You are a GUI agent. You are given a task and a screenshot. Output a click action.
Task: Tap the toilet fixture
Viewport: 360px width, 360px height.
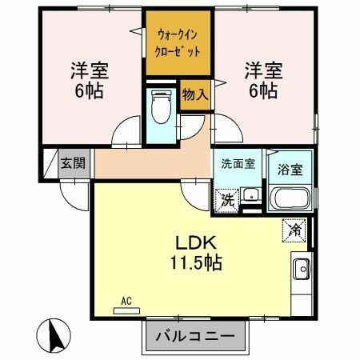pos(161,106)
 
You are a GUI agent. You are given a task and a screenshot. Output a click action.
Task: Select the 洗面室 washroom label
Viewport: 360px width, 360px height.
pos(238,164)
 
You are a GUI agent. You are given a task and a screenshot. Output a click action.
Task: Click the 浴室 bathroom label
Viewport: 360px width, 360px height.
pos(289,170)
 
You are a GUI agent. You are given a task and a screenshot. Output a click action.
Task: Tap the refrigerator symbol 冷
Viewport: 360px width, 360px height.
pos(295,230)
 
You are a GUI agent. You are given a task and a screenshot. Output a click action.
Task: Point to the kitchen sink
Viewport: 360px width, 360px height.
pos(302,267)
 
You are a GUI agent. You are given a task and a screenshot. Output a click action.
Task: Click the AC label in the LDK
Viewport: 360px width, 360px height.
pos(126,301)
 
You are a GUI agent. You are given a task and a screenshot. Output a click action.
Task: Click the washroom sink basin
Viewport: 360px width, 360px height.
pos(250,194)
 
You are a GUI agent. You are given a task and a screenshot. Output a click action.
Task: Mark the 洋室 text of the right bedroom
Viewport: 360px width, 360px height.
pos(262,70)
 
